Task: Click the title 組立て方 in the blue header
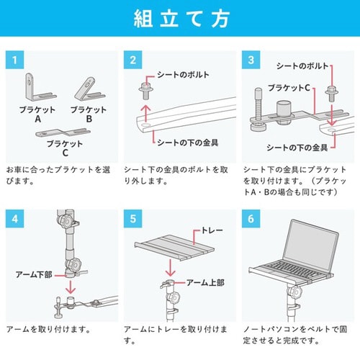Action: click(x=180, y=19)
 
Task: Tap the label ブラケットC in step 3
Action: click(x=287, y=88)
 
